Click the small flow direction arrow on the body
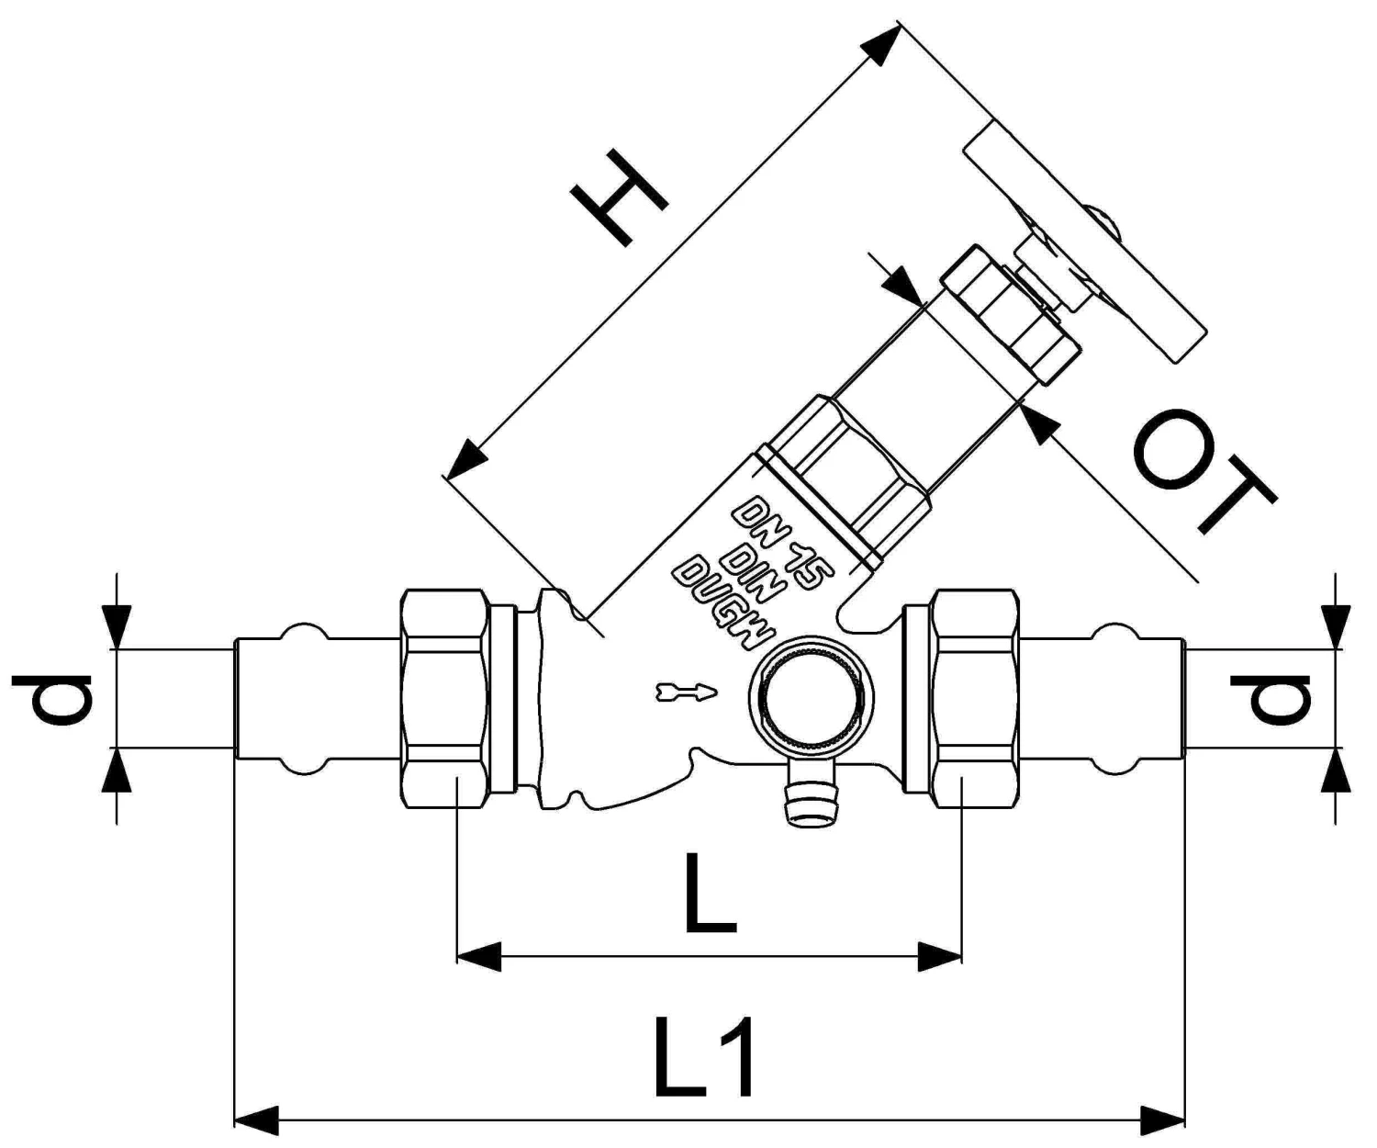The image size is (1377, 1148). coord(684,691)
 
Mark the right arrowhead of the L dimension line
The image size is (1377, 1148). coord(940,956)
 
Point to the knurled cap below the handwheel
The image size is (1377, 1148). coord(1010,312)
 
